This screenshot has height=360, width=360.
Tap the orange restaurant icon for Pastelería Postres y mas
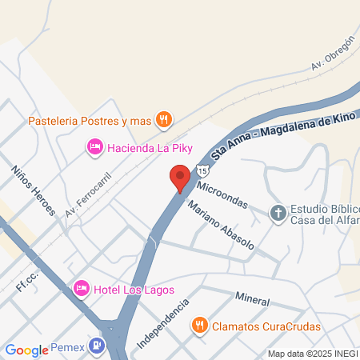point(163,121)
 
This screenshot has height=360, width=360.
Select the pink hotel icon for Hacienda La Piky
point(94,146)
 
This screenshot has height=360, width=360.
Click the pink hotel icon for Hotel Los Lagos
point(81,287)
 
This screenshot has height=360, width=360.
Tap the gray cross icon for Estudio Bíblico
point(278,212)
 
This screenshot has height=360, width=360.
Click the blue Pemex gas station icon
point(97,346)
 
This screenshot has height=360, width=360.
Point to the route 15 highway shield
point(204,170)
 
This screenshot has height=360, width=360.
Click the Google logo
point(26,350)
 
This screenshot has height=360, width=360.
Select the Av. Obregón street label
point(332,51)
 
